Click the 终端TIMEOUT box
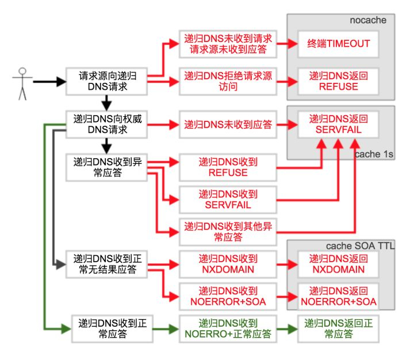338,44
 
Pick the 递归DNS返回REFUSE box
338,81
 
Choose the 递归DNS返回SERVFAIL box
338,125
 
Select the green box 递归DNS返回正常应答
338,328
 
